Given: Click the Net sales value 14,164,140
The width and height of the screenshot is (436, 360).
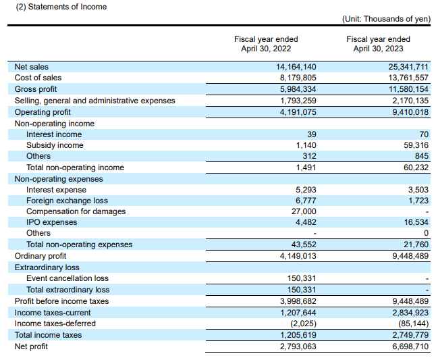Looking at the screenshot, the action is (x=296, y=67).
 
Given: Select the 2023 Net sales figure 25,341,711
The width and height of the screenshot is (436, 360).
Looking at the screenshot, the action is (x=408, y=67).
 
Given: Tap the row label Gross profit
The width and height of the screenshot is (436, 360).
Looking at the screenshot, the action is (x=36, y=89).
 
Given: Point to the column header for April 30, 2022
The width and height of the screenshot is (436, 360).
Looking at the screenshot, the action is (x=266, y=44).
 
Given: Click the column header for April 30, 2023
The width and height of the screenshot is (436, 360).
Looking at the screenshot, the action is (x=378, y=44).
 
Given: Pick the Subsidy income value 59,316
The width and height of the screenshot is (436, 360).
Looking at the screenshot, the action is (x=416, y=145).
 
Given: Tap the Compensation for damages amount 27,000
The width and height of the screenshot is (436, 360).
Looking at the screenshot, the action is (x=304, y=211).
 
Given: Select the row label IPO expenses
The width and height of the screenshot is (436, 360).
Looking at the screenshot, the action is (x=52, y=222).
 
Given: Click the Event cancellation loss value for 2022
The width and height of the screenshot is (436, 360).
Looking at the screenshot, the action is (x=302, y=278).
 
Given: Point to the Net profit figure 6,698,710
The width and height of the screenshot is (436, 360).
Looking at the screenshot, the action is (x=410, y=346).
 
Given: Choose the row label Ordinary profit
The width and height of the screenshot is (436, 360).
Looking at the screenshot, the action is (x=40, y=256).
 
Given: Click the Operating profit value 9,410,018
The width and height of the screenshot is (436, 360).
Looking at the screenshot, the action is (x=410, y=112).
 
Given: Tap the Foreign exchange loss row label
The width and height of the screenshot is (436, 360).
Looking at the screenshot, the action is (x=67, y=201).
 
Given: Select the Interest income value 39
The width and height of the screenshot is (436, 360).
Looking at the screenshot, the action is (x=312, y=134).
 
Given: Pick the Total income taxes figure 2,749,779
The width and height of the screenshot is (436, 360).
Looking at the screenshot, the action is (x=410, y=335).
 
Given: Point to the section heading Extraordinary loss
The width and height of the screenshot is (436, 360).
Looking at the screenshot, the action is (x=47, y=267).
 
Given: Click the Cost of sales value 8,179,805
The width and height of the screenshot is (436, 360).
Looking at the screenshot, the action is (x=298, y=78).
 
